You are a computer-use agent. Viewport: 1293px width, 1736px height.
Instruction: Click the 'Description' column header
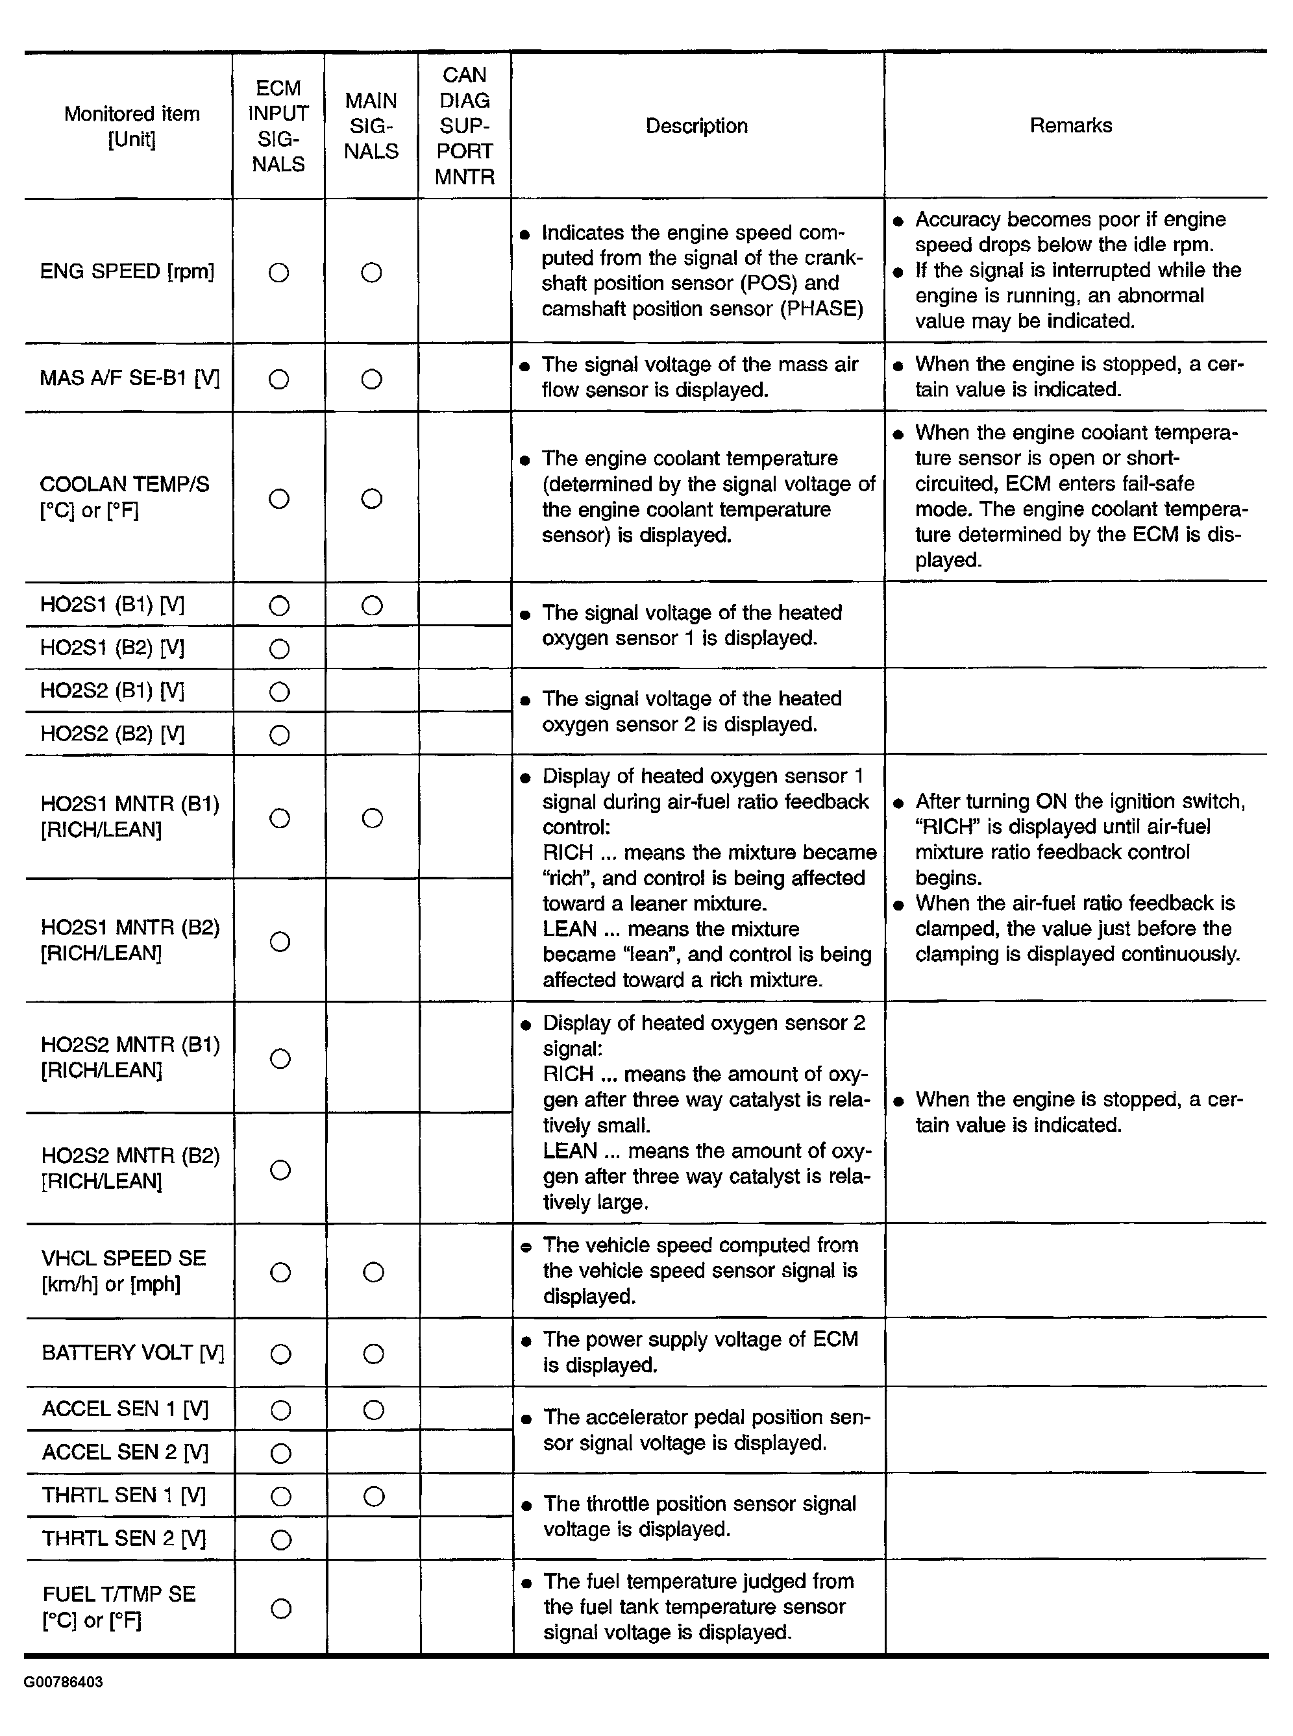pos(696,126)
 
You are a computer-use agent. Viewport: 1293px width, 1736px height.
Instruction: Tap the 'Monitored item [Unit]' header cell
pos(132,126)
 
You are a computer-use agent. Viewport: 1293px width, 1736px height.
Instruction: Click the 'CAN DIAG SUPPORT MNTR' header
pos(464,126)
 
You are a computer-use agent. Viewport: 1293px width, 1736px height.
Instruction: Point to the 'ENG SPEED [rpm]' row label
pos(127,271)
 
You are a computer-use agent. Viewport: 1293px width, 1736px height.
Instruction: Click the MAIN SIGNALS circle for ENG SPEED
pos(372,273)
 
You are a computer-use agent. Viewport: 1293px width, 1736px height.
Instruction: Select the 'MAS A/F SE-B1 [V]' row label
pos(129,378)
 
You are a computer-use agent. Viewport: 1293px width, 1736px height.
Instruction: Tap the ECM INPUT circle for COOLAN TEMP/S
pos(278,498)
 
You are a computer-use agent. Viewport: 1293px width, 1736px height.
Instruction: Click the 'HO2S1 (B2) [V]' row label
pos(112,648)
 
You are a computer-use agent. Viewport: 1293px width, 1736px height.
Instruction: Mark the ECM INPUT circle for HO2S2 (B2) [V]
pos(279,735)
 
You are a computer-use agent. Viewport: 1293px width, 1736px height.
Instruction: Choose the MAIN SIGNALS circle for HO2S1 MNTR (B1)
pos(373,818)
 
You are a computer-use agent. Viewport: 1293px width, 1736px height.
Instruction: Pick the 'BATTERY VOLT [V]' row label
pos(132,1352)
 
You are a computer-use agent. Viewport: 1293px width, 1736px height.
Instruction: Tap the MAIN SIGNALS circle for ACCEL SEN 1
pos(374,1410)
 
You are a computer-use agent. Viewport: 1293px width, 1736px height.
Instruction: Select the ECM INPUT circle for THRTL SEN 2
pos(281,1539)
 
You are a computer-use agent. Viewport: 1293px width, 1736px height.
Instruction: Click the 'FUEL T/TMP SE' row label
pos(119,1594)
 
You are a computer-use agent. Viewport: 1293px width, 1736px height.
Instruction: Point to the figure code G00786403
pos(64,1682)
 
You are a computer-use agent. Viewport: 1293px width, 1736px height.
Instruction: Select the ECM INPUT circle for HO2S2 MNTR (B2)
pos(280,1169)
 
